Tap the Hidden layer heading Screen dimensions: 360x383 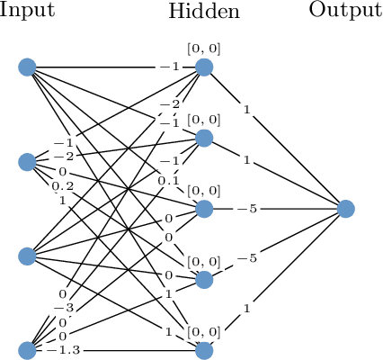point(203,12)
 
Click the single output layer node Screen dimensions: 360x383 point(346,209)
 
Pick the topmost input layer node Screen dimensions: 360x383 point(27,67)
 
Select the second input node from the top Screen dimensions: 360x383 point(27,162)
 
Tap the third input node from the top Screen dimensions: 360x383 point(27,256)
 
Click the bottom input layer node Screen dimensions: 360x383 point(27,350)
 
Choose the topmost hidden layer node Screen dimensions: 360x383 point(204,67)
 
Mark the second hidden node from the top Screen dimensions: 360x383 point(204,138)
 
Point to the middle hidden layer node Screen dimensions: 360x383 point(204,209)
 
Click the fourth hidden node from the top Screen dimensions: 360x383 point(204,280)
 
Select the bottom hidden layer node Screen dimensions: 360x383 point(204,350)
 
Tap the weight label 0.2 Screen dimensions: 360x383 point(63,185)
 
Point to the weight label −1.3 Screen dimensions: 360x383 point(62,350)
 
